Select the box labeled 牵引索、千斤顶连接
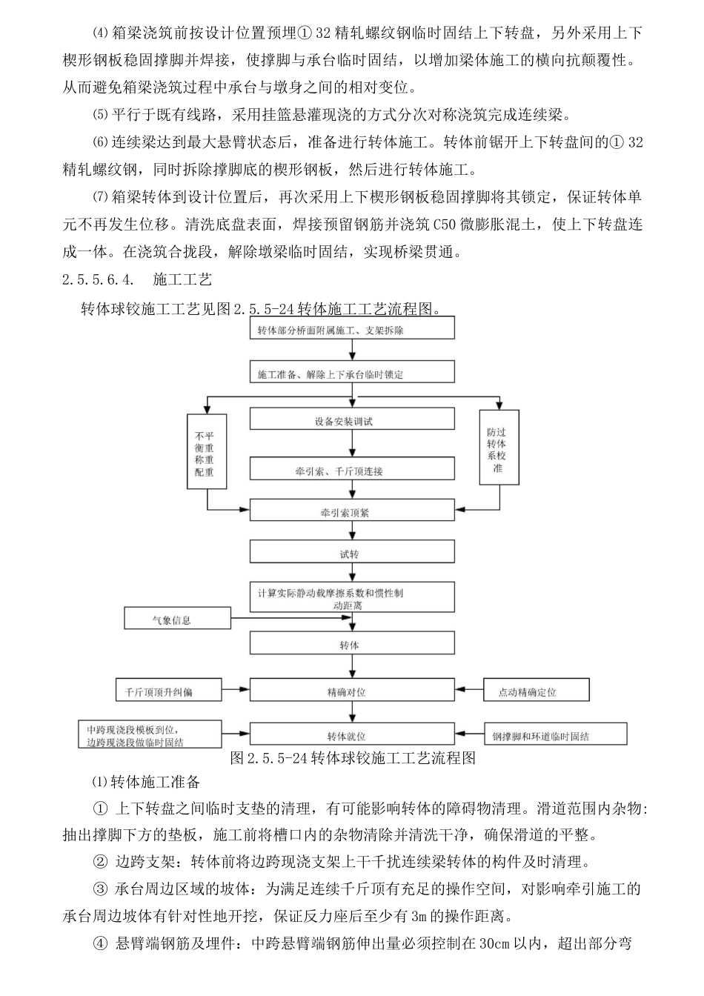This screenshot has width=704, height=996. (352, 470)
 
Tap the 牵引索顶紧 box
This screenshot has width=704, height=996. (352, 511)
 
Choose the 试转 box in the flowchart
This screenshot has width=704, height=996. (352, 554)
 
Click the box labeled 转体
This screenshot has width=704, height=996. (352, 645)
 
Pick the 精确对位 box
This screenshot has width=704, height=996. (352, 691)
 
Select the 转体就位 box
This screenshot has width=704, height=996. (352, 736)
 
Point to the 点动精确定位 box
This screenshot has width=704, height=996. (536, 691)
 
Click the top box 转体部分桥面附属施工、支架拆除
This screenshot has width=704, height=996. (352, 331)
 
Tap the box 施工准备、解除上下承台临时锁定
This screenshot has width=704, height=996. (352, 374)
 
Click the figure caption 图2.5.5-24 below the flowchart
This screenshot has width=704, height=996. (352, 757)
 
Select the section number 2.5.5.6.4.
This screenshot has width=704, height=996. (99, 279)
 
